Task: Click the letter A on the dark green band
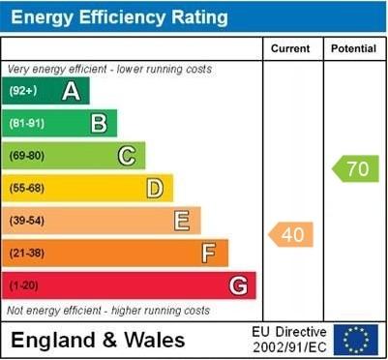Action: [71, 91]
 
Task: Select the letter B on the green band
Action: [99, 123]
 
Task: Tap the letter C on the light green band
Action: [127, 156]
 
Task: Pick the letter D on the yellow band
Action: [155, 188]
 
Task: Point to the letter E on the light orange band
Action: [182, 221]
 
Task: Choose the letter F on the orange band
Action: [209, 254]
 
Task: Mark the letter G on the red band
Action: [238, 285]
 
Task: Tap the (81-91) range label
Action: [26, 124]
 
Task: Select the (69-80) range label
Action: [26, 156]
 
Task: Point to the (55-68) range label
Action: [26, 189]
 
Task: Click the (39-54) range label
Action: [26, 221]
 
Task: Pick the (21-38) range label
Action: [26, 254]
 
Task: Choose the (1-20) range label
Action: [23, 286]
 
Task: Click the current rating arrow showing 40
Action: [291, 234]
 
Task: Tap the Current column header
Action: [290, 48]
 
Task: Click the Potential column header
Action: [354, 48]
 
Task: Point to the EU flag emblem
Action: [356, 340]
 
